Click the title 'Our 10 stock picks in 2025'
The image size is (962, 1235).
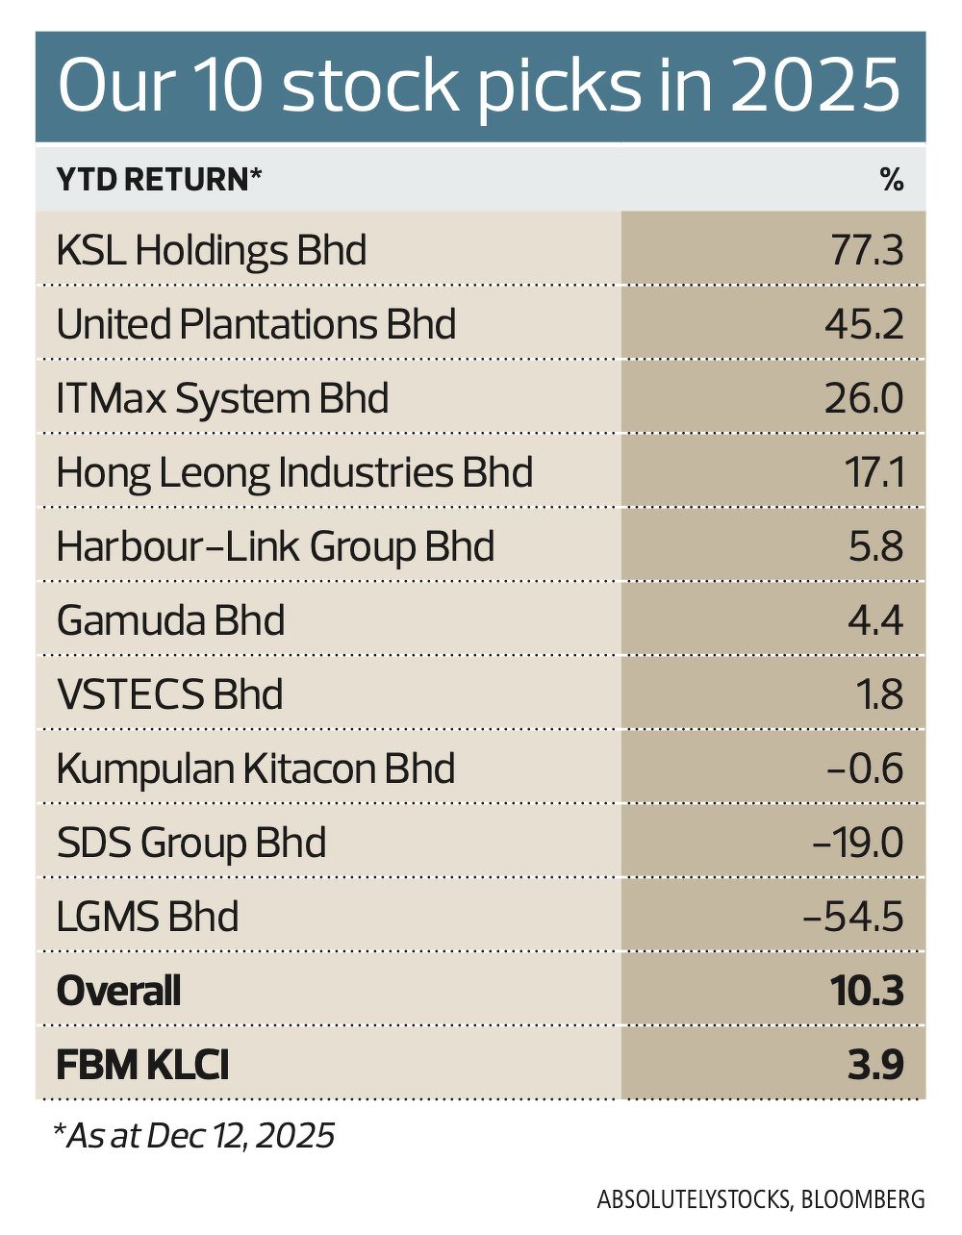point(479,87)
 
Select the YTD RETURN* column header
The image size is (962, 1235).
point(160,180)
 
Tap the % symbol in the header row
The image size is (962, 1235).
point(892,180)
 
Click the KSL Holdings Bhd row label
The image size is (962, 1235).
point(212,251)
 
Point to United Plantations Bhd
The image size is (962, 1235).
point(256,325)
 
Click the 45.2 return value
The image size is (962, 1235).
point(864,325)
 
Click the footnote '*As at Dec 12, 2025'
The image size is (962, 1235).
point(194,1136)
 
